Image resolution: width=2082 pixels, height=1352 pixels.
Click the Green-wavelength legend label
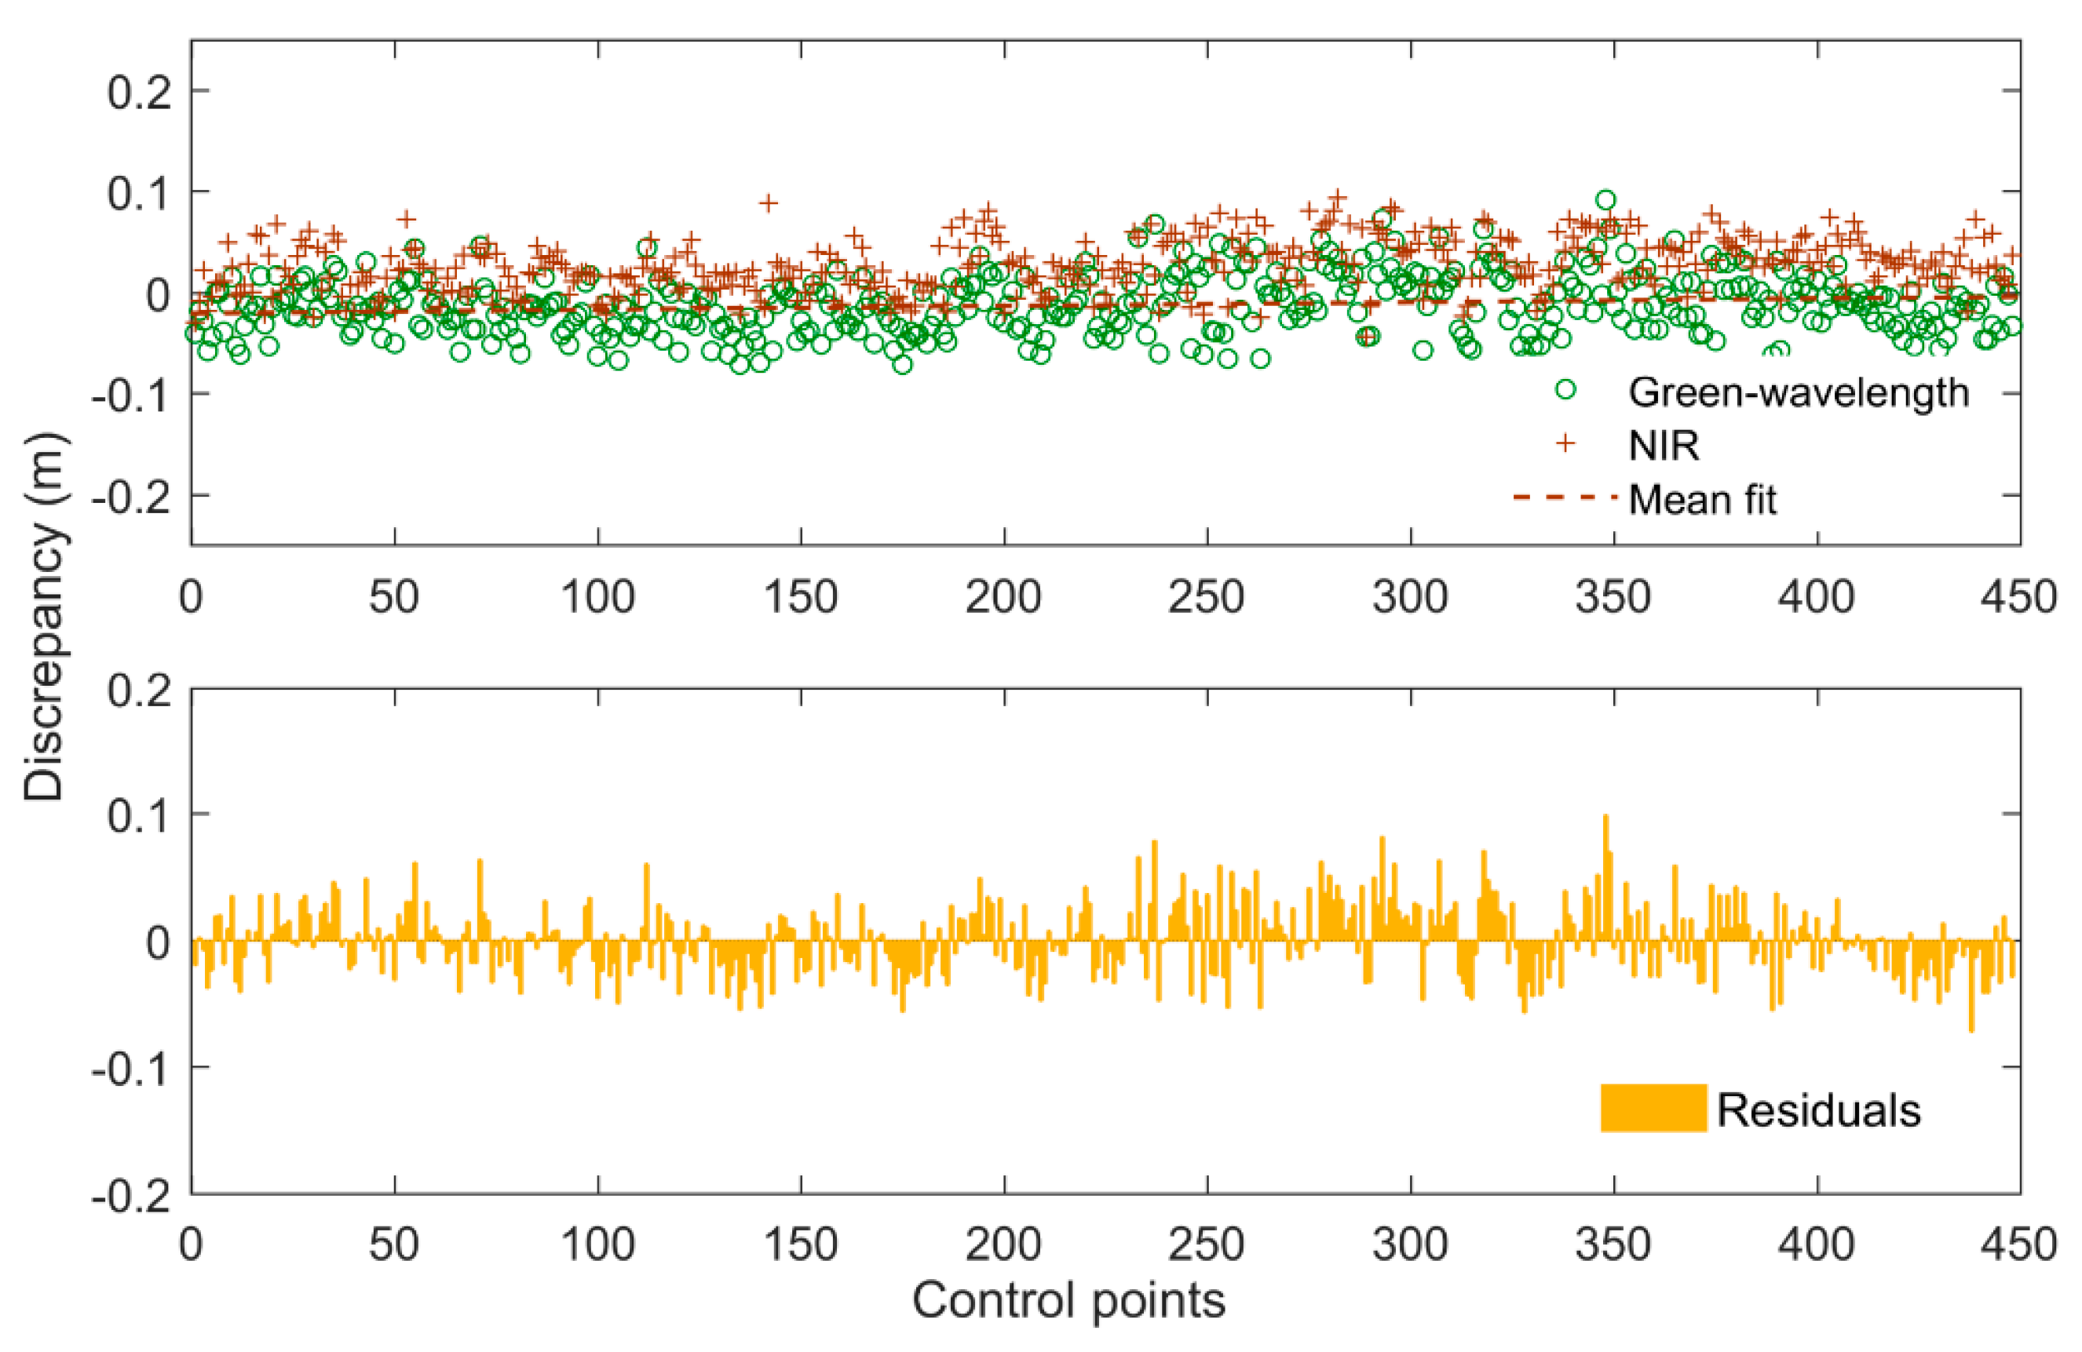pos(1798,392)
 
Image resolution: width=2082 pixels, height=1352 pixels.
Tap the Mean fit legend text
pos(1702,499)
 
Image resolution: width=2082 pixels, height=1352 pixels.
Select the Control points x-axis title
pos(1068,1299)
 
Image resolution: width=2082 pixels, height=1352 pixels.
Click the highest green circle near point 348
pos(1605,200)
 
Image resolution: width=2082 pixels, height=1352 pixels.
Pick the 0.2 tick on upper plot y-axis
pos(138,91)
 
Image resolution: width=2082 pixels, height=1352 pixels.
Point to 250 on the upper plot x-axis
pos(1207,597)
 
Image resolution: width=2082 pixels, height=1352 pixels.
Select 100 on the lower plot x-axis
pos(597,1243)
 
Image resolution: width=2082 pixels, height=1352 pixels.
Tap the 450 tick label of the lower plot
pos(2019,1243)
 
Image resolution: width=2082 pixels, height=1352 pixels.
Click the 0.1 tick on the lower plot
pos(138,814)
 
